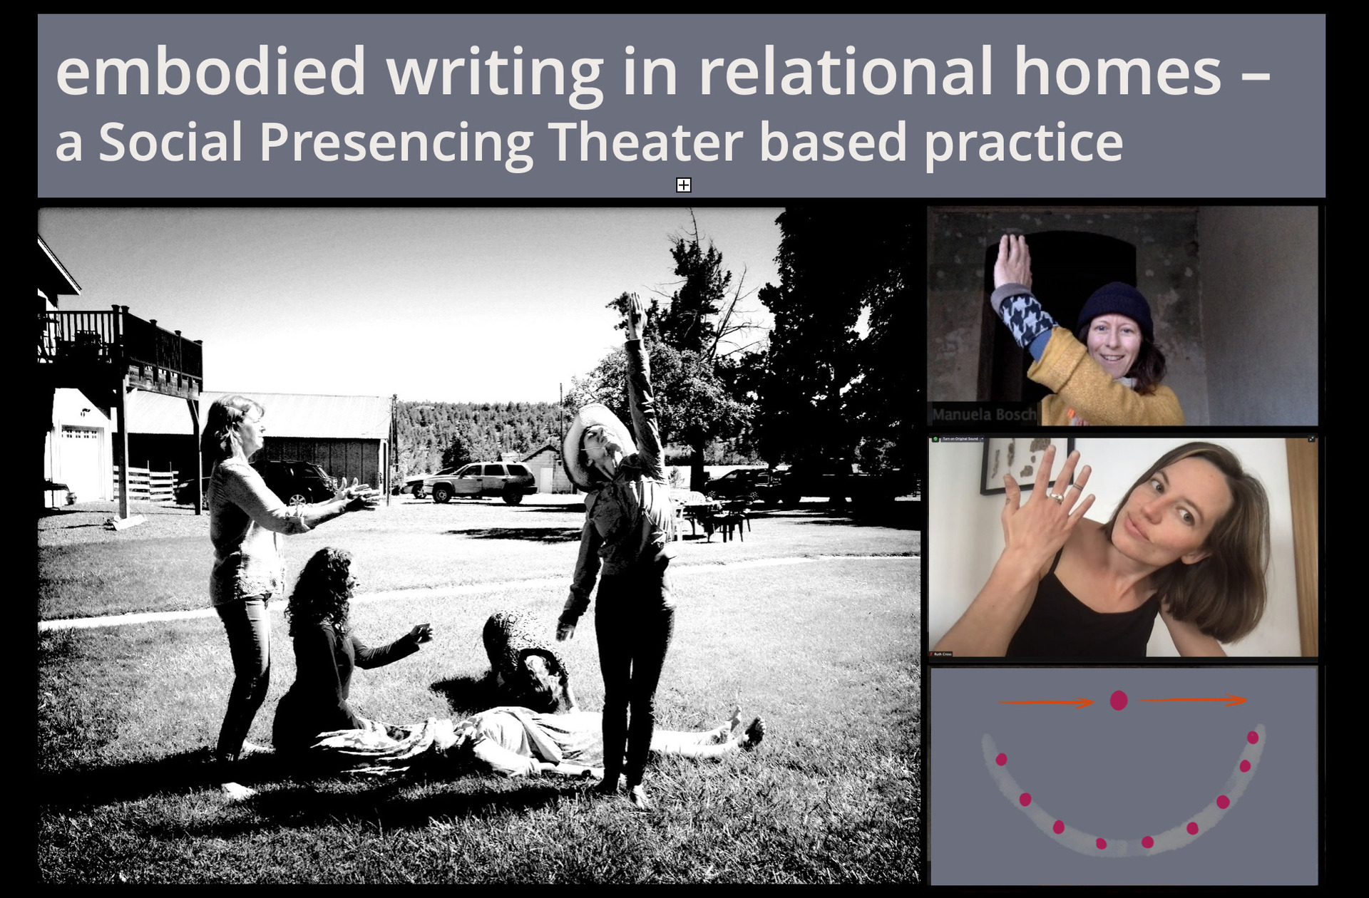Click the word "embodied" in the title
coord(210,71)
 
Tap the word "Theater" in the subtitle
coord(645,142)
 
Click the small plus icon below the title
coord(683,185)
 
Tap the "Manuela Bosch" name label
coord(983,414)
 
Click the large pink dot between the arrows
coord(1119,701)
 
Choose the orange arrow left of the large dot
coord(1045,703)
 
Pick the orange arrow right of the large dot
coord(1194,701)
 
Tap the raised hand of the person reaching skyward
coord(635,310)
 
